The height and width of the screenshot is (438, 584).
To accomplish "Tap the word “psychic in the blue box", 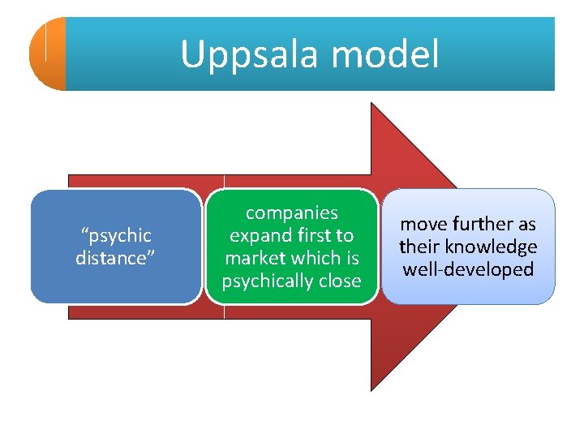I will [115, 235].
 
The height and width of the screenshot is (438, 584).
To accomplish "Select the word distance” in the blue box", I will [114, 258].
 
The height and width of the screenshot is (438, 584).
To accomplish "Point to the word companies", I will [292, 213].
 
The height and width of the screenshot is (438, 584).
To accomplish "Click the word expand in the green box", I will [259, 235].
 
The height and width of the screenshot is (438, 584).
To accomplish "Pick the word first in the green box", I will [312, 235].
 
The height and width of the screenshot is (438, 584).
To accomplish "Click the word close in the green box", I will [341, 281].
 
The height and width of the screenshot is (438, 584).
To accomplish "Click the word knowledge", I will [497, 247].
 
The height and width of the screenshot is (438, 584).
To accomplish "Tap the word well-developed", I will [468, 269].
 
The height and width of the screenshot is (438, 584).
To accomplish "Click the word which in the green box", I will [316, 258].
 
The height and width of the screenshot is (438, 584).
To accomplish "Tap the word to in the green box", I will [345, 235].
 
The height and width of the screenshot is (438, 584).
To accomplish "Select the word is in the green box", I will [353, 258].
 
